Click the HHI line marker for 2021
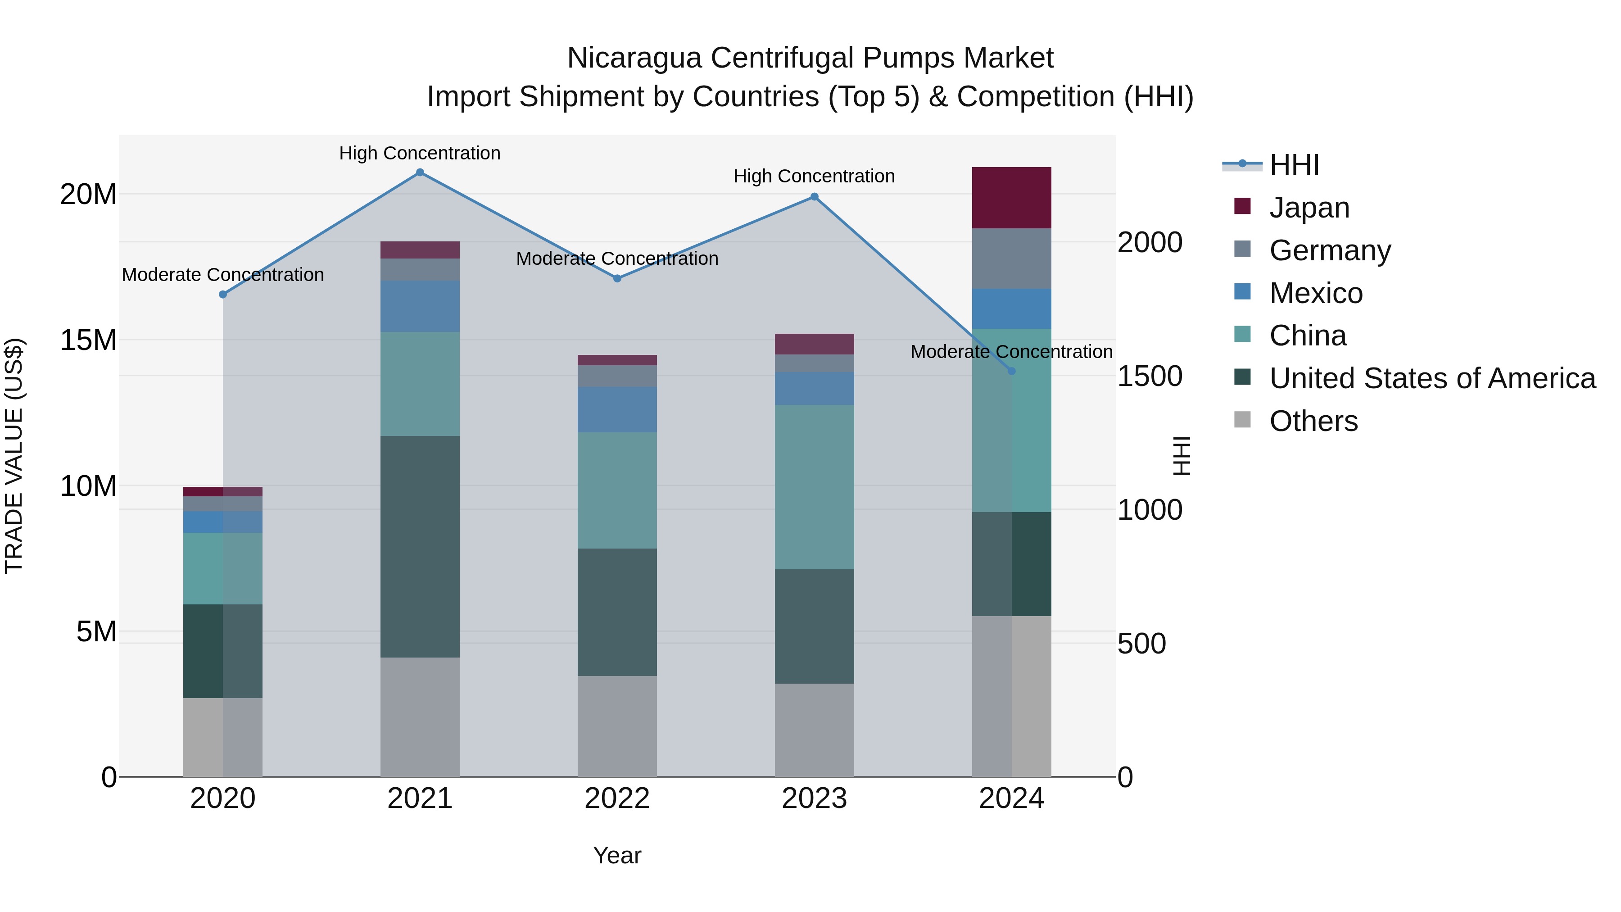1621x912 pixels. (x=420, y=172)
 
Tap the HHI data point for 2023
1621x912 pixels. (x=814, y=197)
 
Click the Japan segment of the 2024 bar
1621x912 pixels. (x=1011, y=198)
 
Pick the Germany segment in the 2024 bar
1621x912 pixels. (x=1011, y=259)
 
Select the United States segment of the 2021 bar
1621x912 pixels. (x=420, y=546)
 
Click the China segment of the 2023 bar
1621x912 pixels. (x=814, y=486)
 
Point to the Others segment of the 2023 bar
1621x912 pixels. (x=814, y=730)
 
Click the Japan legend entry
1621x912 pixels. (x=1309, y=208)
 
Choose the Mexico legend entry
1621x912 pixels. (x=1315, y=293)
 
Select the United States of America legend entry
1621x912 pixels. (x=1431, y=378)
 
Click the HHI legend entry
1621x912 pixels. (x=1293, y=165)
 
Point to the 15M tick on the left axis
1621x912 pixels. (x=88, y=340)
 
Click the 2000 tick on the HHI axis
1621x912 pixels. (x=1150, y=243)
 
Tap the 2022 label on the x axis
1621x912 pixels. (x=617, y=799)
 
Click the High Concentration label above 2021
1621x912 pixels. (x=420, y=153)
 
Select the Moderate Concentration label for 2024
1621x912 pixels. (x=1011, y=352)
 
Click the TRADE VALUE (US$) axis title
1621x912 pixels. (x=14, y=456)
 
